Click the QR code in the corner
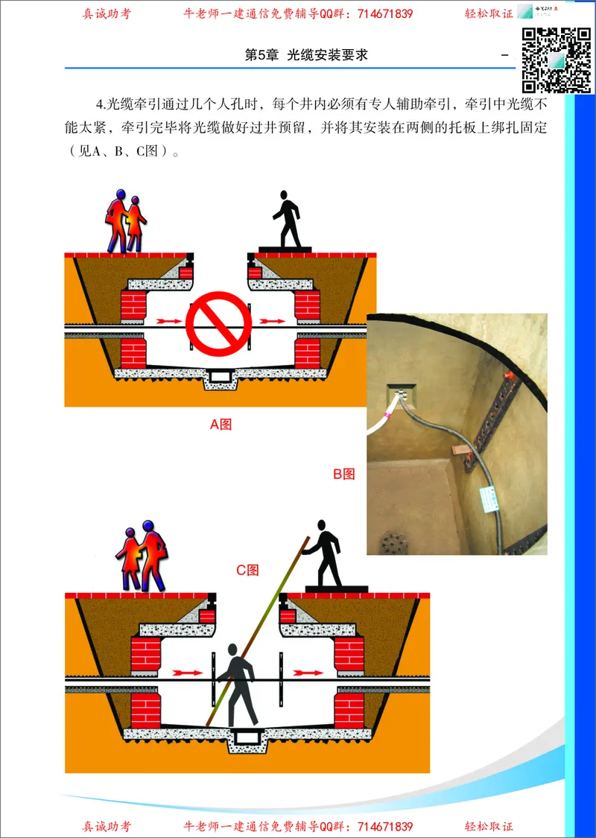tap(556, 60)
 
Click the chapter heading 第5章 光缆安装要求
tap(306, 56)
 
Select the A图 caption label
tap(221, 425)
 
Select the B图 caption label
tap(343, 474)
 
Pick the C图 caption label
tap(247, 571)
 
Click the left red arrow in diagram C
tap(187, 673)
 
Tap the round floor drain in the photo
tap(393, 542)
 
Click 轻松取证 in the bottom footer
tap(489, 827)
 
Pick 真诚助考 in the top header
tap(107, 13)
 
